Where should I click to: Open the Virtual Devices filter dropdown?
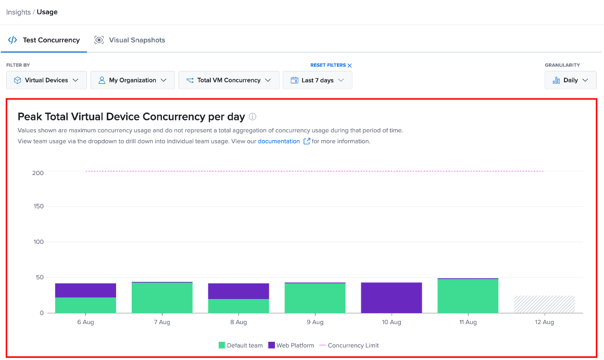coord(46,80)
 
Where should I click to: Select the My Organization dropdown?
coord(132,80)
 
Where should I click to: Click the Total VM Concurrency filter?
coord(229,80)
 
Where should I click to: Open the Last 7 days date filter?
coord(318,80)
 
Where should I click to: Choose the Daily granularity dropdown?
coord(571,80)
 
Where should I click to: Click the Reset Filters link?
coord(331,65)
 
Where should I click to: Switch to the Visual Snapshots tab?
coord(130,40)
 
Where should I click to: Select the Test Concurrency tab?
coord(44,40)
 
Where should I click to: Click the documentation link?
coord(279,141)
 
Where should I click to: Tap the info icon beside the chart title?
coord(253,116)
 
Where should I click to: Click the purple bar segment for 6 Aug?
coord(85,290)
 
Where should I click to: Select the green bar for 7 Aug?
coord(162,297)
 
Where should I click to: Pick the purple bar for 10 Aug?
coord(392,297)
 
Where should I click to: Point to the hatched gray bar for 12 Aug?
coord(544,304)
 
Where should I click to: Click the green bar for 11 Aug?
coord(468,296)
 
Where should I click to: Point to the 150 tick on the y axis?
coord(39,206)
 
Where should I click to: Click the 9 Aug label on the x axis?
coord(315,322)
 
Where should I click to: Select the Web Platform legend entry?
coord(291,345)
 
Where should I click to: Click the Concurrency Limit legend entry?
coord(349,345)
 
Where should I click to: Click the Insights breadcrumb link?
coord(19,12)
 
